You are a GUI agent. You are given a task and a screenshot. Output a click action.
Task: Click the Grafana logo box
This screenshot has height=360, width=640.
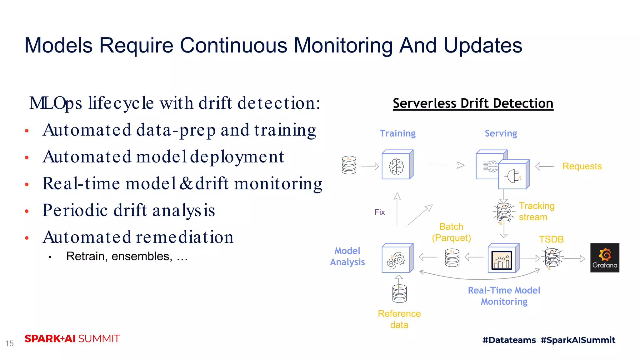coord(604,257)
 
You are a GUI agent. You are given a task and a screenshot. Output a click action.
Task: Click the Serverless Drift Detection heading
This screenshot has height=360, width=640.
coord(473,103)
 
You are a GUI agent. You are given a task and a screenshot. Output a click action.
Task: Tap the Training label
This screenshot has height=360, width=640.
coord(397,133)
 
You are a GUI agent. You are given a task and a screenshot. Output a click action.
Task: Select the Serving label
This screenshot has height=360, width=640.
coord(501,133)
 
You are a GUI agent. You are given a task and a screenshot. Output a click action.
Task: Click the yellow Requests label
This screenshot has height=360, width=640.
coord(582,166)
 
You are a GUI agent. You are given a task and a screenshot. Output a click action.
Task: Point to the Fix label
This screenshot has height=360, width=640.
coord(379,212)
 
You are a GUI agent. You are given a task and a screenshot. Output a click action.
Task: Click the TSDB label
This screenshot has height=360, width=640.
coord(551,239)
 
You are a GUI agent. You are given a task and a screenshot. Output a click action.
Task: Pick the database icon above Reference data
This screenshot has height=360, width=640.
coord(399,294)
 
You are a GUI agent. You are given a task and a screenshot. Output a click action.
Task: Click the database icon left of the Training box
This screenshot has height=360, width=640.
coord(349,165)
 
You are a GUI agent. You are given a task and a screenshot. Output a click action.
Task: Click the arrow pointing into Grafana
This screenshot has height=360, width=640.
coord(574,258)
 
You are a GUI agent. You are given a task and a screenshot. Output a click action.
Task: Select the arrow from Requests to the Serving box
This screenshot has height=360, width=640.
coord(545,166)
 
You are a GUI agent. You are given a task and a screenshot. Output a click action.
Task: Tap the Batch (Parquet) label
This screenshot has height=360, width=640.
coord(451,232)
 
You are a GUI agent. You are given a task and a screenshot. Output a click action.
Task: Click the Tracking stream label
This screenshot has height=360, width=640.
coord(536,211)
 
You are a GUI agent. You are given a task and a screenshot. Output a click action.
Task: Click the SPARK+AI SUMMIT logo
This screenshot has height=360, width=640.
coord(72,339)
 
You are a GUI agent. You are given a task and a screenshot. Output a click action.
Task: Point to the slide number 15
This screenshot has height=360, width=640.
coord(9,343)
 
